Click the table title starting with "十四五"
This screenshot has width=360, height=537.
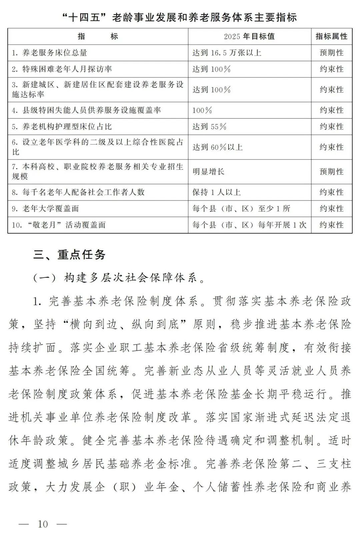point(180,17)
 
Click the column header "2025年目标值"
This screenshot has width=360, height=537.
point(249,36)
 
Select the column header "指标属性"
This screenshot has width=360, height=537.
point(331,36)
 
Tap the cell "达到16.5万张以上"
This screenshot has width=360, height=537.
point(227,53)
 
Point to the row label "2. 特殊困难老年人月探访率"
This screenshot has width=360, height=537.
point(62,69)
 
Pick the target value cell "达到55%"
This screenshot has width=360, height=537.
point(209,127)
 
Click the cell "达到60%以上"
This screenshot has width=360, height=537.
point(217,147)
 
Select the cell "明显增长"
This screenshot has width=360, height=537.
point(208,172)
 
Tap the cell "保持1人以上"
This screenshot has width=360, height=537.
point(216,192)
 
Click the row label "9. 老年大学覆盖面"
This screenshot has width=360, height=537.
point(45,209)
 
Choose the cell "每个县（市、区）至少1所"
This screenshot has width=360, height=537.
point(241,209)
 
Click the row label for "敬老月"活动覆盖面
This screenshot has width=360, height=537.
point(59,225)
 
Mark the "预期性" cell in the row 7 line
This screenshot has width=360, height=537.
point(331,172)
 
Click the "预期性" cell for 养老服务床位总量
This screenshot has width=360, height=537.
point(331,53)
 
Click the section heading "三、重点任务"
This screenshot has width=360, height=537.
point(69,255)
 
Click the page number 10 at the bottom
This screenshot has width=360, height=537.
point(43,524)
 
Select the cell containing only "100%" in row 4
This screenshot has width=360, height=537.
point(202,110)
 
